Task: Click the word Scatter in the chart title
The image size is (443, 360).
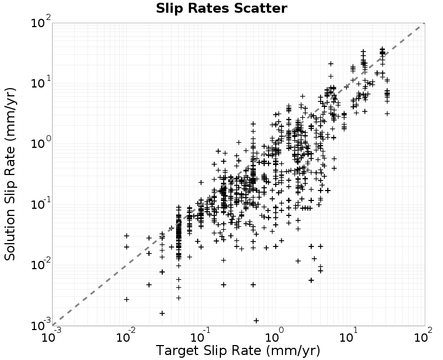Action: (260, 8)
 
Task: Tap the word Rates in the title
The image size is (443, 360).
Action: (209, 8)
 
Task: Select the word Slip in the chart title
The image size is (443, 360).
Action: (171, 8)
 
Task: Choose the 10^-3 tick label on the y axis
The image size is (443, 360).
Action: (40, 325)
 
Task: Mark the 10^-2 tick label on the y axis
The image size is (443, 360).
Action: (40, 264)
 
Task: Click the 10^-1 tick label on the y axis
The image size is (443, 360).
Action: (40, 203)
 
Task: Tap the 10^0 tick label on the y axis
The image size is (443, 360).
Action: (41, 143)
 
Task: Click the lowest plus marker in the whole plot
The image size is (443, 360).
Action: (256, 321)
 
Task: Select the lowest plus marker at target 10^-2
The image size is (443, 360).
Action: (127, 299)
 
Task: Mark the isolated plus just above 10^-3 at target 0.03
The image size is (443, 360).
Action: (162, 313)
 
